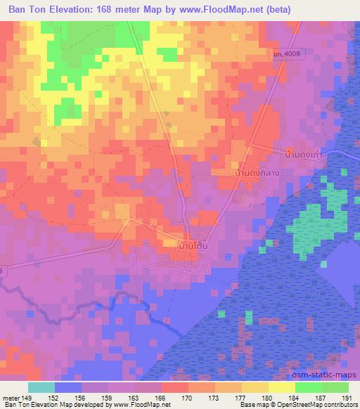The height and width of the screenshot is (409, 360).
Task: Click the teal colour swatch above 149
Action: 41,387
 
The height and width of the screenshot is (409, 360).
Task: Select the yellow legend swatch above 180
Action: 281,387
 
